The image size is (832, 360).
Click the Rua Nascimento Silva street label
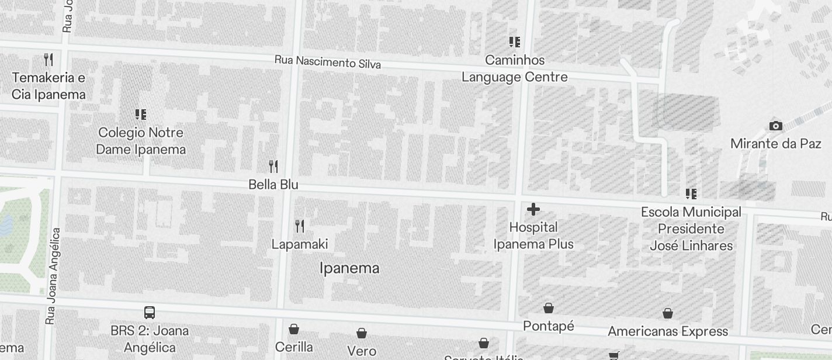coord(328,62)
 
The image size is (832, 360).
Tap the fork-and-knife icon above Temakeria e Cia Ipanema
coord(48,59)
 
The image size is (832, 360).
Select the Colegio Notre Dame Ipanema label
coord(141,141)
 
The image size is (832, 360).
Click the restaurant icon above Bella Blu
coord(273,166)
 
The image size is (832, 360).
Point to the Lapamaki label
coord(300,244)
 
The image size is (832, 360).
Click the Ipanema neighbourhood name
coord(349,268)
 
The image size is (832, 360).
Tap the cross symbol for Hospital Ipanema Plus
coord(533,209)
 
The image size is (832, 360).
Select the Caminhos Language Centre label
coord(515,69)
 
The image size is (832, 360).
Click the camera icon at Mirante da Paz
coord(776,126)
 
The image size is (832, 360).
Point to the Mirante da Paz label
coord(776,144)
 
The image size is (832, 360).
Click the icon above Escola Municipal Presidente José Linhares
coord(691,193)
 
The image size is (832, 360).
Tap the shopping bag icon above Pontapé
coord(549,307)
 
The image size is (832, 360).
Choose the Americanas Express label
coord(668,332)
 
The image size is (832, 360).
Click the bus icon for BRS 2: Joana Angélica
coord(150,313)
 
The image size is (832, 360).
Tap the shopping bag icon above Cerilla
coord(294,329)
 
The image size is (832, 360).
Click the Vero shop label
coord(362,351)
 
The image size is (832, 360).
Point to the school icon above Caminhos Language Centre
coord(515,41)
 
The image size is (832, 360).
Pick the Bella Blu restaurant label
coord(273,185)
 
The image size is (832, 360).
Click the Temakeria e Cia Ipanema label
coord(48,86)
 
